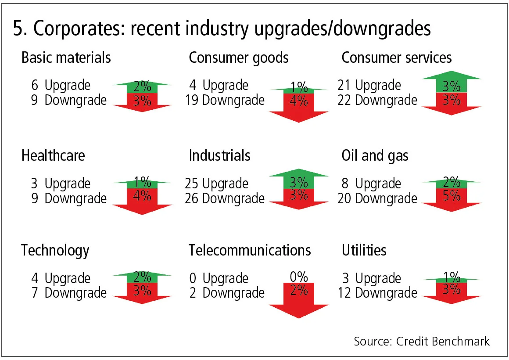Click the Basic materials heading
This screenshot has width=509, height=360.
66,58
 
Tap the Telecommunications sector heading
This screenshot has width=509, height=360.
250,250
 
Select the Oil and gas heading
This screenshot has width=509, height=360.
375,155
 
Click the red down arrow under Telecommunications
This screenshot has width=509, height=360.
299,299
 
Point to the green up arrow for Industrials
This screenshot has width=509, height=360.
299,180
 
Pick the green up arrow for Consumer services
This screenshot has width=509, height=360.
452,83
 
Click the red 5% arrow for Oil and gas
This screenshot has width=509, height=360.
452,199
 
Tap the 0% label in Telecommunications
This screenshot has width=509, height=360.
299,277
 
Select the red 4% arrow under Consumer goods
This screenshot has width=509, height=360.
299,105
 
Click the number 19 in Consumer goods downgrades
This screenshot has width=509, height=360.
192,100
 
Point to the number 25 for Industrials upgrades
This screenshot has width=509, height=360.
192,184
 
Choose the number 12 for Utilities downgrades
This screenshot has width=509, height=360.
345,292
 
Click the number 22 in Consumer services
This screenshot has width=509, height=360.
345,100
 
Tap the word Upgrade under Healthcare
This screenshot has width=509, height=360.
68,184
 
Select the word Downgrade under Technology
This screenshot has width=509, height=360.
75,292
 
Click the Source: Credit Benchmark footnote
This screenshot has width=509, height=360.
422,341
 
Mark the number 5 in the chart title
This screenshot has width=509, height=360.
18,29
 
